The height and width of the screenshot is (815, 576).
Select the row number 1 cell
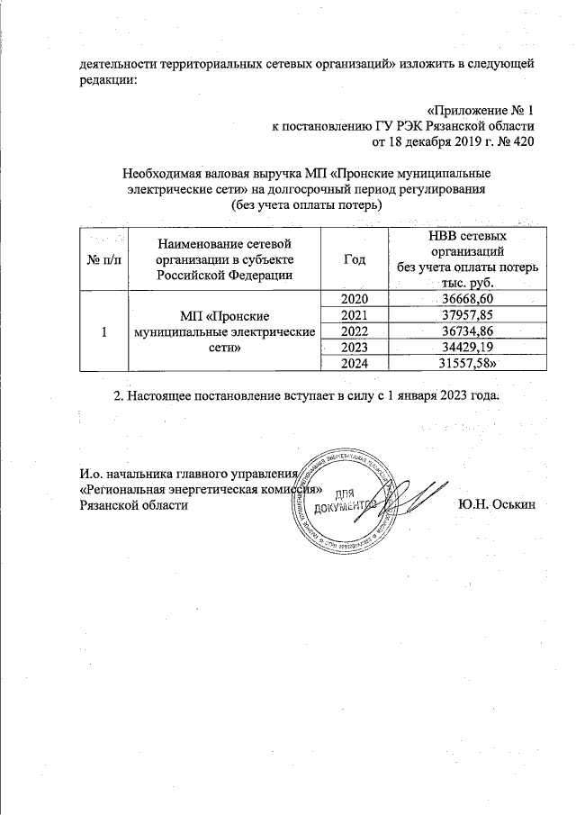[x=104, y=331]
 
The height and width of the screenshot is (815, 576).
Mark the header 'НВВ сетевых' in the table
[x=465, y=236]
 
